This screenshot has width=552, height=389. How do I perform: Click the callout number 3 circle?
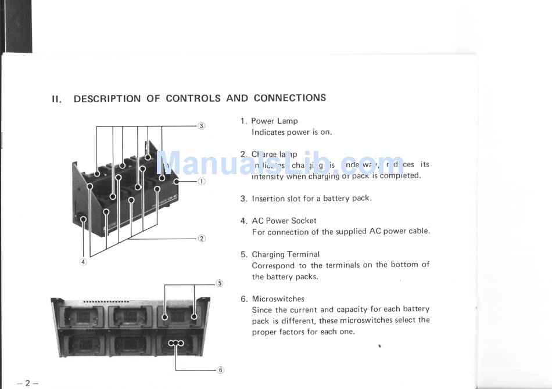(x=202, y=126)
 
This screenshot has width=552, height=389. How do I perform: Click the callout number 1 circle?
(x=202, y=181)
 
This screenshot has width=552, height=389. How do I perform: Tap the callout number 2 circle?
(x=202, y=238)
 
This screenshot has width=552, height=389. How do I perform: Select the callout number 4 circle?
(x=83, y=262)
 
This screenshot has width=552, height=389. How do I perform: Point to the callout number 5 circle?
(x=220, y=283)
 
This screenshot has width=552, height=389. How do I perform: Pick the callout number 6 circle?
(x=220, y=370)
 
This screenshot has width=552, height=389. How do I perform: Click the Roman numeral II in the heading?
(x=56, y=99)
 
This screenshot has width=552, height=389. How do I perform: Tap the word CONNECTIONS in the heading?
(x=289, y=98)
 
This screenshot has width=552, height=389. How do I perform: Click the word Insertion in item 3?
(x=269, y=199)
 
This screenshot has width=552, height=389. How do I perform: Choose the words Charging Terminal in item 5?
(x=285, y=254)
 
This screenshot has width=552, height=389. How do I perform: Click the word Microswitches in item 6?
(x=278, y=299)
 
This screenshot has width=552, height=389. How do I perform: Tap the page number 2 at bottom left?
(x=27, y=383)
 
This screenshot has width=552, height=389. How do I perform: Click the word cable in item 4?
(x=418, y=231)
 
